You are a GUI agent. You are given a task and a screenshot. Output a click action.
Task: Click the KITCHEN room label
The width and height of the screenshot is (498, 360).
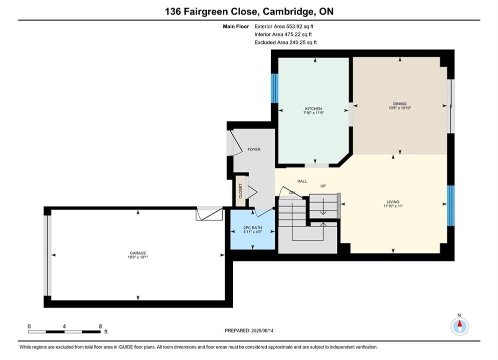coord(313,108)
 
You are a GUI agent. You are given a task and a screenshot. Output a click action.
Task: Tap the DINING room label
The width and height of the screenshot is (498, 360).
coord(400,103)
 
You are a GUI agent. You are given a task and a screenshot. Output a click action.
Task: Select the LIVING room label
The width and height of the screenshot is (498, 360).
coord(393,201)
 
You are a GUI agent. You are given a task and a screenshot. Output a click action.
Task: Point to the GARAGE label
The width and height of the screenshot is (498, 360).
coord(138,253)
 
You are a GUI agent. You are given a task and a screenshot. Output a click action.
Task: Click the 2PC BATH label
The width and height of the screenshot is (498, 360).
coord(252,227)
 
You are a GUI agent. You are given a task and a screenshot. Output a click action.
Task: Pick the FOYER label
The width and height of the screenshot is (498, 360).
coord(254,149)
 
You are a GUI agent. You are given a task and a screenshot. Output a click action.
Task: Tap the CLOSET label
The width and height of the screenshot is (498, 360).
coord(240,191)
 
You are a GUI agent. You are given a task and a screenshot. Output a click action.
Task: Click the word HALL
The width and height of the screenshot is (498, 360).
coord(302,181)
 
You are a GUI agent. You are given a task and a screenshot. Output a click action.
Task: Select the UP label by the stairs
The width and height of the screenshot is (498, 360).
coord(323,186)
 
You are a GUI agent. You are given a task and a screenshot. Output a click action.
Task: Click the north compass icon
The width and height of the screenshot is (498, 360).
coord(459,325)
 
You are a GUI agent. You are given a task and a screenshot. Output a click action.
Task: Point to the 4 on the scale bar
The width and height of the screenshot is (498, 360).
coord(65,326)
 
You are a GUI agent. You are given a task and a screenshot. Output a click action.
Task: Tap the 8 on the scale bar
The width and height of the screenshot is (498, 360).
coord(101,326)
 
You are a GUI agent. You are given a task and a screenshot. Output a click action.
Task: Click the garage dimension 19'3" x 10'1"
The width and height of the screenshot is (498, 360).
coord(138,257)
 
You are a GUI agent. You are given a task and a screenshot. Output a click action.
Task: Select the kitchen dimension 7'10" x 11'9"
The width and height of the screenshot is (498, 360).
coord(313,112)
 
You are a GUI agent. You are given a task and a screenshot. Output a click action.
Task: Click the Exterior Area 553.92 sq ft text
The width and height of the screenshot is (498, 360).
coord(284,26)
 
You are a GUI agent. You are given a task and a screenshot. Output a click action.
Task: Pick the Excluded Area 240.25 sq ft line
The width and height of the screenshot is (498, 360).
coord(285,42)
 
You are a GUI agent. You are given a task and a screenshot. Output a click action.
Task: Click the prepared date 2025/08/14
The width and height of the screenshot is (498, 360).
coord(262,330)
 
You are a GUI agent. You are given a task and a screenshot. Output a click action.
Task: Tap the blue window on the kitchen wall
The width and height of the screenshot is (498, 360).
coord(274,88)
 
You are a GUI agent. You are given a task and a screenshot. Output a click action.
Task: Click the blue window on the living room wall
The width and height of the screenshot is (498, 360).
coord(450,205)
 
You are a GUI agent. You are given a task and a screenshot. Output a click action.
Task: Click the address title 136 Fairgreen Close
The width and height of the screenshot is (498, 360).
coord(211,11)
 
